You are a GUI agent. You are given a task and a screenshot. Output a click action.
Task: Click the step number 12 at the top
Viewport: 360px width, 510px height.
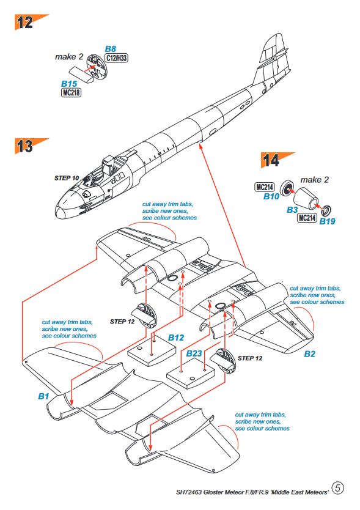click(x=25, y=23)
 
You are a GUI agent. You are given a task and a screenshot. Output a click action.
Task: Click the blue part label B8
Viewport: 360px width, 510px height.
click(x=111, y=49)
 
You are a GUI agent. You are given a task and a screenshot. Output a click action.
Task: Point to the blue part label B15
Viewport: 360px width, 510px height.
click(x=69, y=84)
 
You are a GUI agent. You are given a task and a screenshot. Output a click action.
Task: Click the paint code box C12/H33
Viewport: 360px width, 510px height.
click(x=116, y=58)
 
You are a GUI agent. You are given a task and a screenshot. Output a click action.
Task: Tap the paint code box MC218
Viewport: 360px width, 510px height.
click(x=71, y=93)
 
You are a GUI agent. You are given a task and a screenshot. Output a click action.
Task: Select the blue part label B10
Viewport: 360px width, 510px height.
click(x=271, y=196)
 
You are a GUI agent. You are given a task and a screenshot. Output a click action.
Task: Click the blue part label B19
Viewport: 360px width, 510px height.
click(x=327, y=221)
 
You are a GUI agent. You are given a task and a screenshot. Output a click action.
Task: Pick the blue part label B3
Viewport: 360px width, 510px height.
click(x=292, y=210)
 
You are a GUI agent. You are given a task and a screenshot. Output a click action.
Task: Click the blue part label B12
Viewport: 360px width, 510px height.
click(x=176, y=338)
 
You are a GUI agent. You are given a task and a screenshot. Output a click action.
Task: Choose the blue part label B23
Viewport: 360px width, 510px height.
click(x=194, y=353)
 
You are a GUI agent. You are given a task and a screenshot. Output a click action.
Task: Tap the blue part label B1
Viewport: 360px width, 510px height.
click(x=43, y=396)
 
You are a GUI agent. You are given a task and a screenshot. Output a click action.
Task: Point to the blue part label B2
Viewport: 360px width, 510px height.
click(x=309, y=354)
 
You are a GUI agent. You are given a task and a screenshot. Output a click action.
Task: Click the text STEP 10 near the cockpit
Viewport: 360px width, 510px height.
click(x=67, y=178)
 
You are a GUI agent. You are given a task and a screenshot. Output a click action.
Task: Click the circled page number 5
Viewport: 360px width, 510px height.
click(x=338, y=488)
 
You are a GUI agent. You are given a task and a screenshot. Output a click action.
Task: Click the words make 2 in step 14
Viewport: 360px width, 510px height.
click(x=314, y=180)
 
